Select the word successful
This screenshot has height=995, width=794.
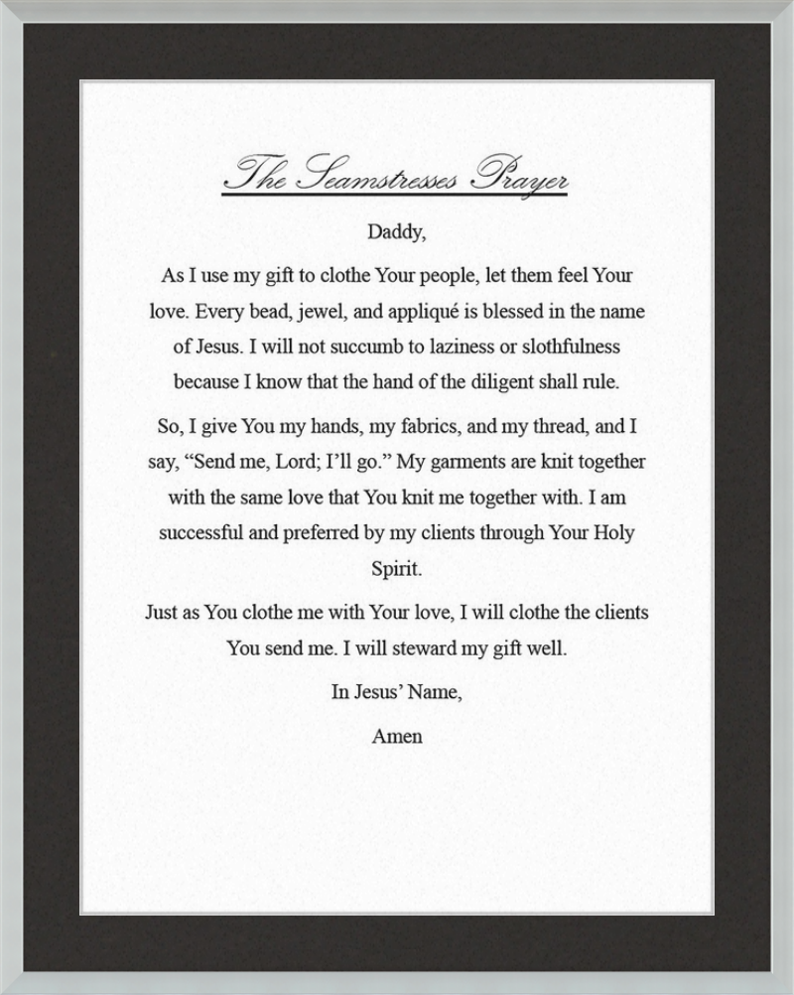pos(201,532)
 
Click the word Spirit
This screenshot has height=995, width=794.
pos(396,570)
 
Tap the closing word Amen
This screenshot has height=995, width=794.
pos(396,737)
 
